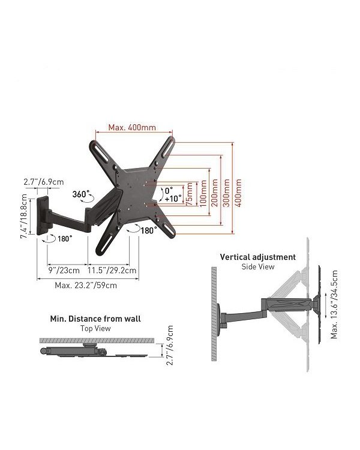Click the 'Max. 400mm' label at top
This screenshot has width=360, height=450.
132,127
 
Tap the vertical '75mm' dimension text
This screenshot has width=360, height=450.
189,194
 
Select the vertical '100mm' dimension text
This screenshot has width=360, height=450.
203,193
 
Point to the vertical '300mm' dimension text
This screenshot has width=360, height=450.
227,193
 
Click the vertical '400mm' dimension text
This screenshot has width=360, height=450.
238,193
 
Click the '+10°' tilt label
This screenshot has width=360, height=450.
173,199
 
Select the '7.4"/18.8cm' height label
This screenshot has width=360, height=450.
24,216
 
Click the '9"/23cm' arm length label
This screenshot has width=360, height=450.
64,271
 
